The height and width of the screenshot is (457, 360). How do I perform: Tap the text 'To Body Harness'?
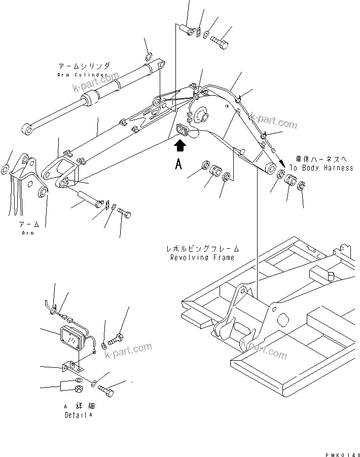pos(321,168)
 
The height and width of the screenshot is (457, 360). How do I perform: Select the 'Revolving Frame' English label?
pos(202,257)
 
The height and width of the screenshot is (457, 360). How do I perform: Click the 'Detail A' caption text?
pos(79,415)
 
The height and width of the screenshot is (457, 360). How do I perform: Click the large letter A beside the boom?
pos(178,165)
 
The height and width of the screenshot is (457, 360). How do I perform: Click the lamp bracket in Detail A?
pos(71,365)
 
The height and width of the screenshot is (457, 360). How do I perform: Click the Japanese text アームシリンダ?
pos(84,66)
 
